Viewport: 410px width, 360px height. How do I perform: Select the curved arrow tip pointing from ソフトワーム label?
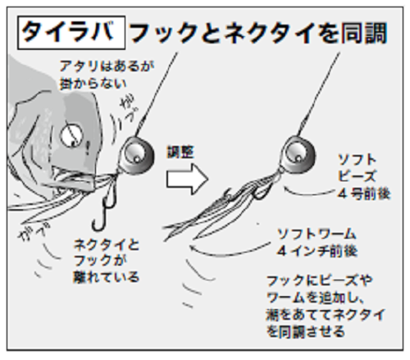[191, 244]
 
